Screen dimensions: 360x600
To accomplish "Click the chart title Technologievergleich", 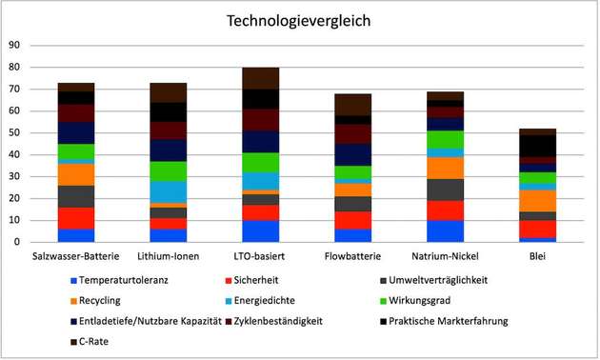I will click(x=299, y=20).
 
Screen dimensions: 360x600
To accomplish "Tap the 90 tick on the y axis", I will click(x=14, y=45).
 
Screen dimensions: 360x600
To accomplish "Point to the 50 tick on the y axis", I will click(x=14, y=132).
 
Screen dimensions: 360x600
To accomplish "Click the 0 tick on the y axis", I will click(x=17, y=242).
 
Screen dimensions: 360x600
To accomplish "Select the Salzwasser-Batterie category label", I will click(x=75, y=257).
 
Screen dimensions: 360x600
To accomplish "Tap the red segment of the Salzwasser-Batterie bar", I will click(x=76, y=218).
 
